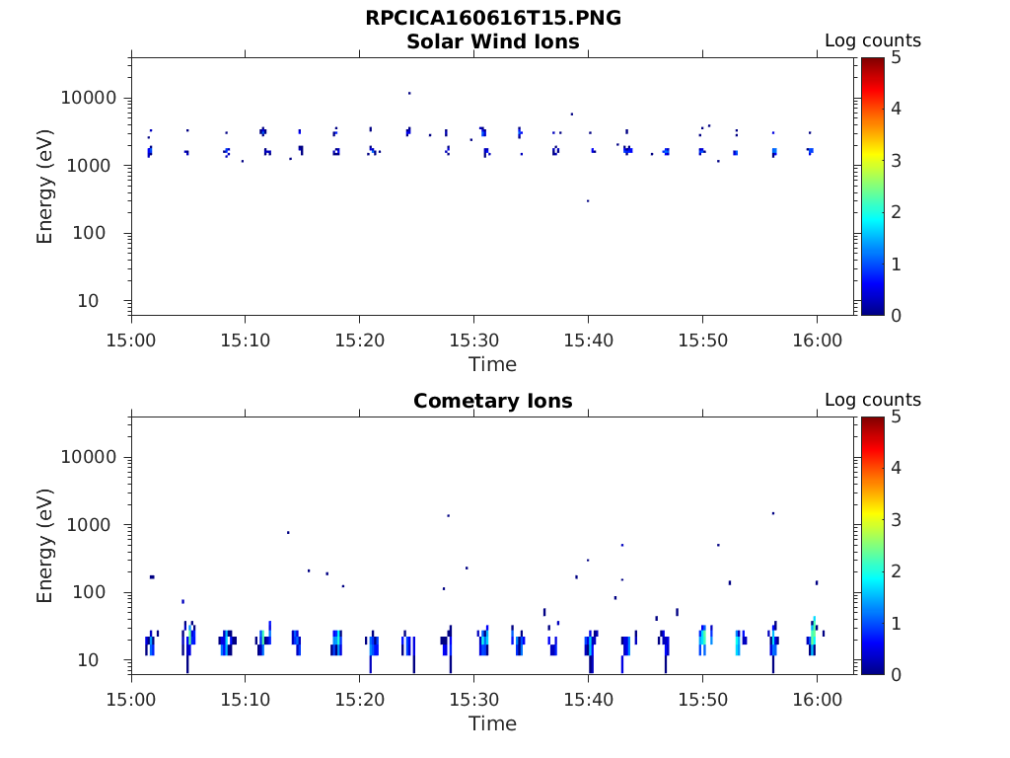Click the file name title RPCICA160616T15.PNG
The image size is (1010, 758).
[492, 18]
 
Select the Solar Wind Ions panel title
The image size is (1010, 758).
[492, 41]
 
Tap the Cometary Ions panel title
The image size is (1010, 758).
[492, 401]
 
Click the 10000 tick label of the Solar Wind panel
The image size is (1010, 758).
[90, 99]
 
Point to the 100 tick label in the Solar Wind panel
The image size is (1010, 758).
[104, 234]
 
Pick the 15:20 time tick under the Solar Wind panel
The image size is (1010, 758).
[360, 340]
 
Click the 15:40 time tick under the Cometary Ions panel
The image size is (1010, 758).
[588, 699]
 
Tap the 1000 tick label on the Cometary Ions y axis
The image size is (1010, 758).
[96, 525]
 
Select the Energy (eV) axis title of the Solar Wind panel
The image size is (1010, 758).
[45, 187]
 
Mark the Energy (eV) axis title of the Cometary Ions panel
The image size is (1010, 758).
[45, 546]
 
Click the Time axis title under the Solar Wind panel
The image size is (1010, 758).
[492, 364]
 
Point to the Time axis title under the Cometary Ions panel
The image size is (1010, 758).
[492, 723]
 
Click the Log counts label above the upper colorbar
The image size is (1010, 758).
[873, 41]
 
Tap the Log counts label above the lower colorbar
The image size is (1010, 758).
[873, 401]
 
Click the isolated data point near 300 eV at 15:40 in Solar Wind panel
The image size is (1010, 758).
[588, 200]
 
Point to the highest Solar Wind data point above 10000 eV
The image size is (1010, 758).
[409, 93]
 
